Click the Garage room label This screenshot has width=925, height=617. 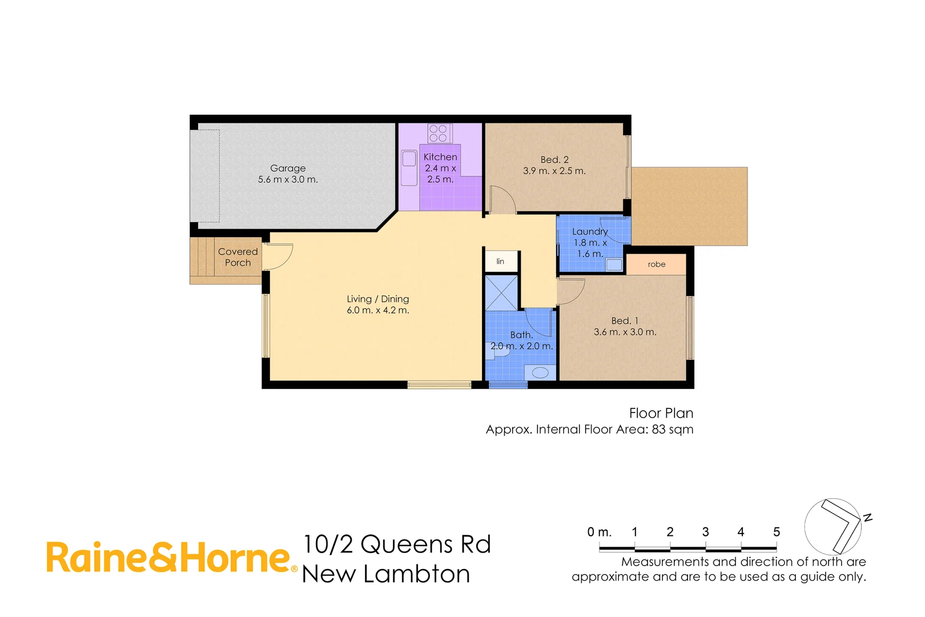[x=288, y=169]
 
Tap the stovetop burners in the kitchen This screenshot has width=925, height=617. [x=439, y=134]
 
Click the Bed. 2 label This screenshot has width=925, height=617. [x=554, y=160]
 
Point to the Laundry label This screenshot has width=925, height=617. [x=590, y=231]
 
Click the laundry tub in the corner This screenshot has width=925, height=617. [x=614, y=264]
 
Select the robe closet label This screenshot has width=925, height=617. [x=657, y=265]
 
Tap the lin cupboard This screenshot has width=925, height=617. [x=501, y=262]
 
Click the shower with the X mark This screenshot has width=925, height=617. [x=501, y=293]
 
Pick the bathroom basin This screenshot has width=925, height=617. [x=540, y=372]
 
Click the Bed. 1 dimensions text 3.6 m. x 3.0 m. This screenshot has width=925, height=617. [x=625, y=332]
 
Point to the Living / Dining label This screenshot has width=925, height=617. [x=378, y=299]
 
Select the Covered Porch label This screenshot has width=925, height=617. [x=238, y=257]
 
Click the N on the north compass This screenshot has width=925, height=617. [x=867, y=518]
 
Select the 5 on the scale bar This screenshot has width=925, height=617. [x=777, y=532]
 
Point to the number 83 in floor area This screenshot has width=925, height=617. [x=659, y=430]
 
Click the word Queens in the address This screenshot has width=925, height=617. [x=407, y=545]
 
